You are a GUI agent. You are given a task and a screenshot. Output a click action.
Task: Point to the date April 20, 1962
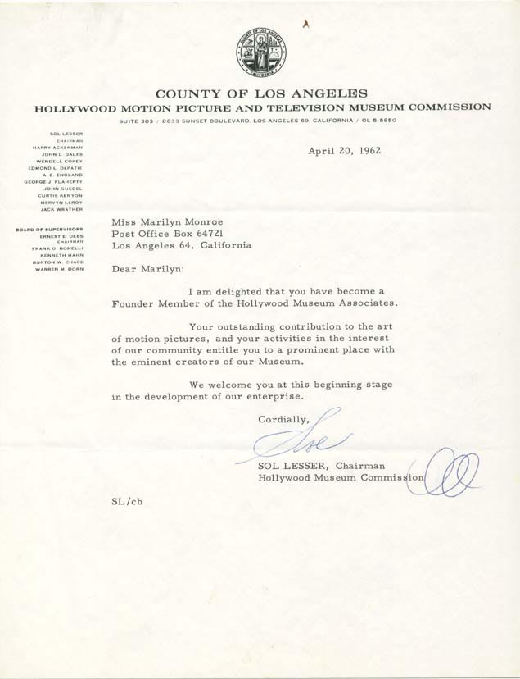tap(344, 151)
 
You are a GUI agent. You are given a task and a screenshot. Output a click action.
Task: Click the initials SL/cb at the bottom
tap(127, 502)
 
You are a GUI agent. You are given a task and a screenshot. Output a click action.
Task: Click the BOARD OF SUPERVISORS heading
tap(49, 229)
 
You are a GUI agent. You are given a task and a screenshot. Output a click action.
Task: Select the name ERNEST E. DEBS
tap(61, 236)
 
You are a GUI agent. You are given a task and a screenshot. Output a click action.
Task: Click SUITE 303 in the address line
tap(136, 121)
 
